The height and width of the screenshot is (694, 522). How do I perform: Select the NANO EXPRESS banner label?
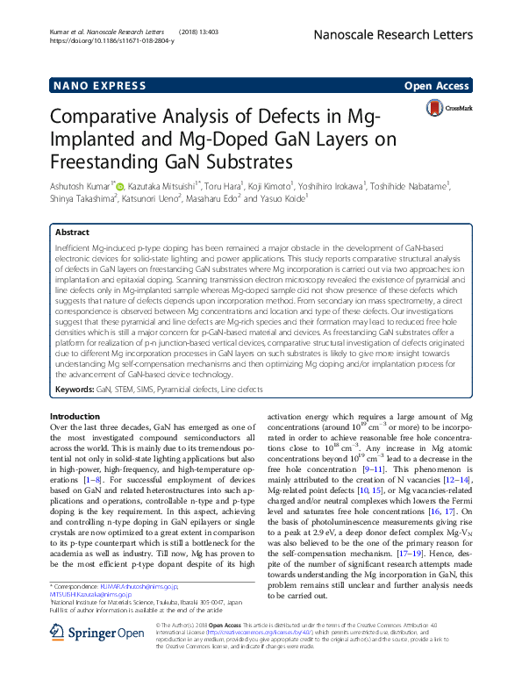tap(99, 85)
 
